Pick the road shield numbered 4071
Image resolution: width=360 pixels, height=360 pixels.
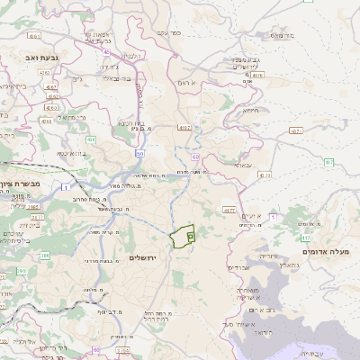(295, 130)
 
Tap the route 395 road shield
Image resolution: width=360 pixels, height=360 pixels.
(44, 256)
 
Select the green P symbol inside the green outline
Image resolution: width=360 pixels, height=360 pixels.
(190, 236)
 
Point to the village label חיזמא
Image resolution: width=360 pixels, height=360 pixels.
(249, 112)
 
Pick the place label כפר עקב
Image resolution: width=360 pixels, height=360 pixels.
(169, 33)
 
